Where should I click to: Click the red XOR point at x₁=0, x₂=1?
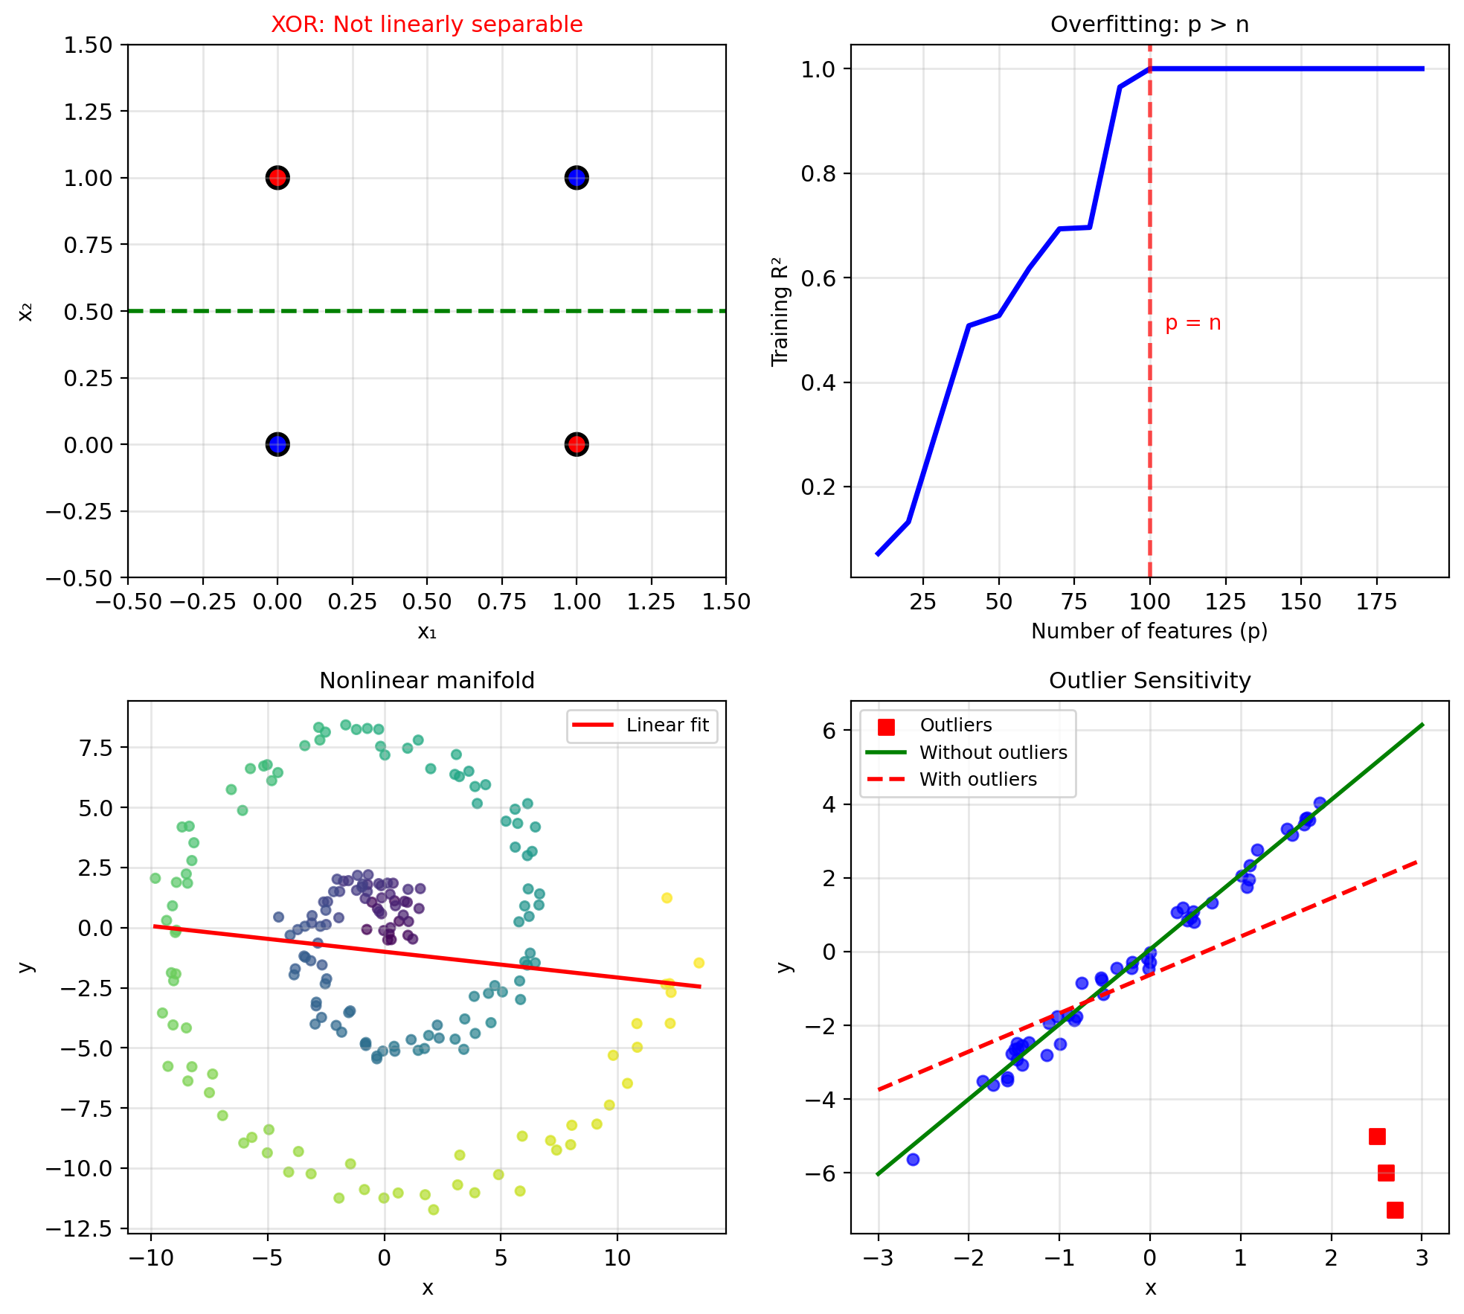(277, 178)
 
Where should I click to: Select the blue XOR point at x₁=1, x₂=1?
(577, 178)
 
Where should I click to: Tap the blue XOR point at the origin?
(277, 445)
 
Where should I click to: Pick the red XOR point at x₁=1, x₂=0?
(577, 445)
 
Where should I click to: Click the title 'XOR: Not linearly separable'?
(426, 25)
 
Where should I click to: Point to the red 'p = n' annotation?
(1192, 323)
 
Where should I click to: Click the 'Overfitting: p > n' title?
(1149, 25)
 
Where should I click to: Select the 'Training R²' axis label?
(780, 311)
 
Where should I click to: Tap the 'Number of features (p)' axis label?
(1149, 631)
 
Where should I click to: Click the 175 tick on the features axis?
(1376, 602)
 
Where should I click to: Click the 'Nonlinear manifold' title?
(426, 681)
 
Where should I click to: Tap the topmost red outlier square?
(1377, 1136)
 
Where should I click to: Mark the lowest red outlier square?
(1395, 1210)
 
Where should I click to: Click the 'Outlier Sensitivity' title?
(1149, 681)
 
